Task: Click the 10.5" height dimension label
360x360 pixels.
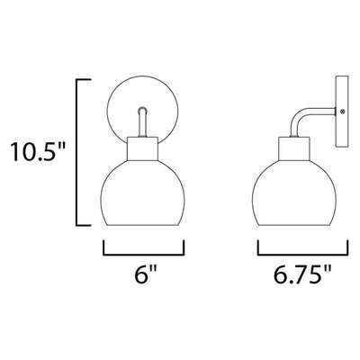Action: tap(38, 151)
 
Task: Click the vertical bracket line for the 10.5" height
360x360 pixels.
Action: tap(77, 152)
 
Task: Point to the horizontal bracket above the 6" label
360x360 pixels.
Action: tap(143, 255)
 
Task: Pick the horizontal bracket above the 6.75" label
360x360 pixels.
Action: tap(302, 255)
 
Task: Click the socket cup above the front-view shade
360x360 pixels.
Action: tap(143, 148)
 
